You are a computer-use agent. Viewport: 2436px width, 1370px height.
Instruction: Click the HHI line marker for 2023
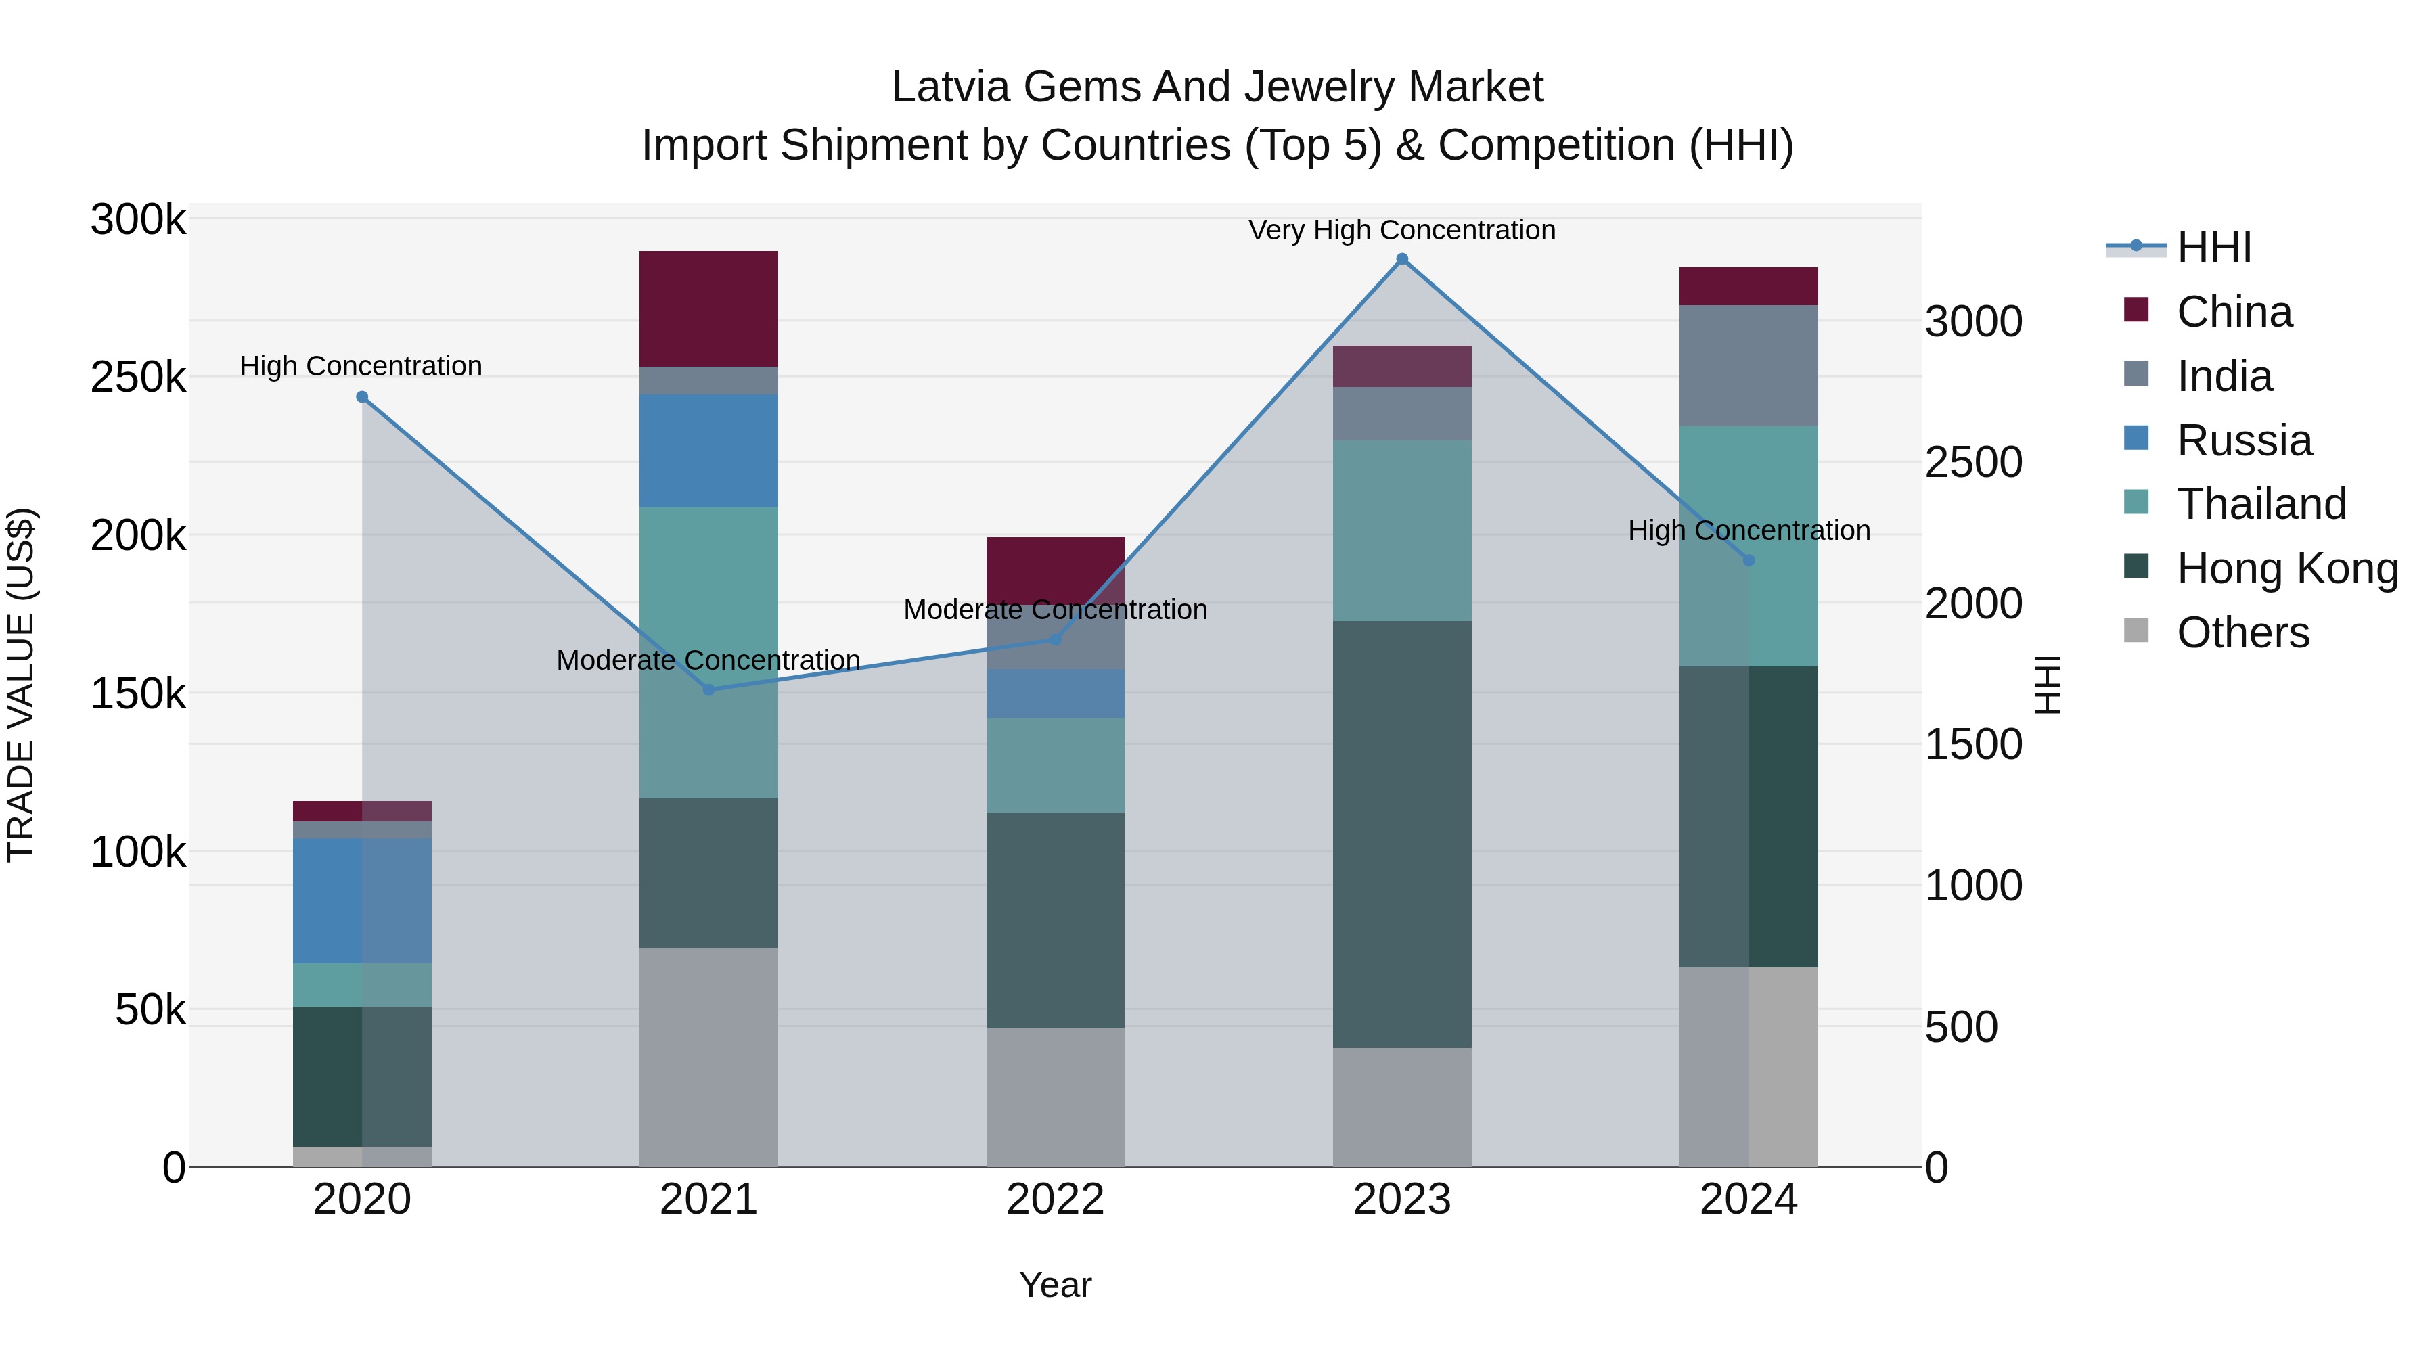[x=1401, y=259]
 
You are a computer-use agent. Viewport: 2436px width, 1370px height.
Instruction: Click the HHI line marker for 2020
[x=361, y=397]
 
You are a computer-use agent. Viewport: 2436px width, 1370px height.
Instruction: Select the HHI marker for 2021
[x=708, y=689]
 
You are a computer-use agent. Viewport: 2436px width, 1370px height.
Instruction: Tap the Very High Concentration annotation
[x=1401, y=230]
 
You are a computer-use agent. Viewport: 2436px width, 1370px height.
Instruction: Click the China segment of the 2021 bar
[x=708, y=309]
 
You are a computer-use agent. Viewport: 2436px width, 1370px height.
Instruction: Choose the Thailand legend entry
[x=2261, y=504]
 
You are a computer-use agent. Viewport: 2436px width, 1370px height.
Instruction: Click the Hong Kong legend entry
[x=2286, y=568]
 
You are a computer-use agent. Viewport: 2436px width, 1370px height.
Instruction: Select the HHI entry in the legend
[x=2213, y=248]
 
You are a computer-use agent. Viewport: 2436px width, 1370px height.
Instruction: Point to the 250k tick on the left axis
[x=138, y=378]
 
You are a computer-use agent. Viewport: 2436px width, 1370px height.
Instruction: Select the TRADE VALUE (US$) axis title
[x=21, y=685]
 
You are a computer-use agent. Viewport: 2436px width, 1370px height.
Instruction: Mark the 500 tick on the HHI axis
[x=1961, y=1027]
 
